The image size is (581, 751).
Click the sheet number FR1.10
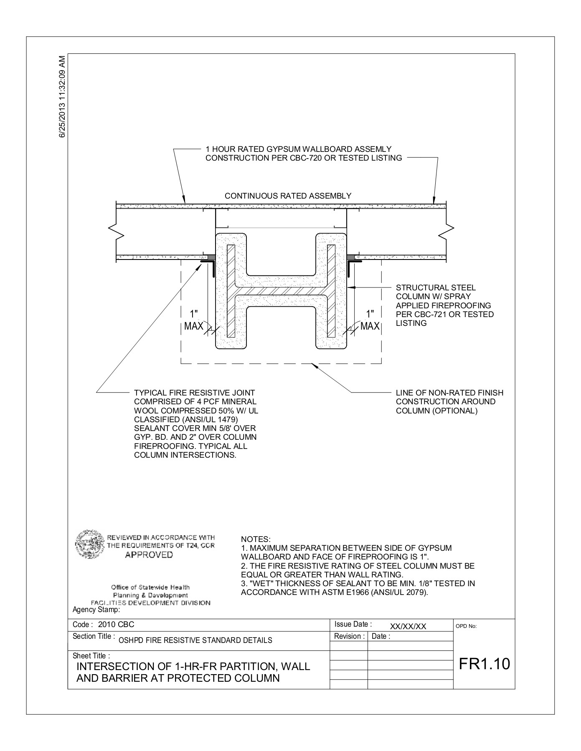[x=484, y=663]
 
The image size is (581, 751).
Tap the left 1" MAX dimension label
[x=193, y=320]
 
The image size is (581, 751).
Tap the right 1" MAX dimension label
[x=370, y=320]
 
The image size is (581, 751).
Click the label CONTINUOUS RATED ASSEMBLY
[x=288, y=196]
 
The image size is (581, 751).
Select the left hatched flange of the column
[x=231, y=291]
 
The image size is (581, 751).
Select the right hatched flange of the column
[x=331, y=291]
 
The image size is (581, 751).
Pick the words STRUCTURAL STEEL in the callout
[x=435, y=287]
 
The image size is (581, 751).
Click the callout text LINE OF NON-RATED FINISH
[x=449, y=393]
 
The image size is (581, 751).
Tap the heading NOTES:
[x=256, y=539]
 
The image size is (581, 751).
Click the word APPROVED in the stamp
[x=149, y=554]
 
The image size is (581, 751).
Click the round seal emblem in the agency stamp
[x=89, y=544]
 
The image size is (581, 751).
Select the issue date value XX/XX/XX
[x=408, y=626]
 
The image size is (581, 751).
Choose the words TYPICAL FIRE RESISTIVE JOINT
[x=194, y=393]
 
